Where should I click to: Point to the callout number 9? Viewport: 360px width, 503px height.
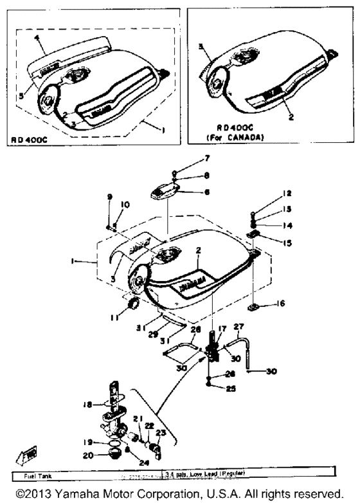[x=109, y=196]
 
